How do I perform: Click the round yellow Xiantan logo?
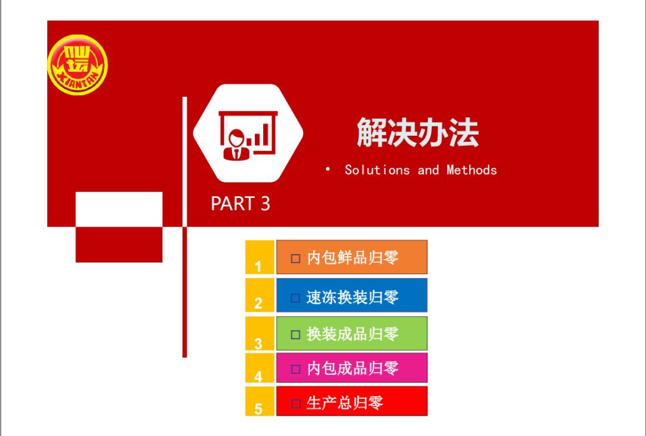pos(77,65)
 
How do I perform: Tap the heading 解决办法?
pos(418,133)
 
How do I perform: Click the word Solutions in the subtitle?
pos(377,170)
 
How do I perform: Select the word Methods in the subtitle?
pos(472,170)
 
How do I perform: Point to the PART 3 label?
pos(240,203)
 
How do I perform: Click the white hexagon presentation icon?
pos(248,133)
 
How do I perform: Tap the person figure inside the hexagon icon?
pos(236,145)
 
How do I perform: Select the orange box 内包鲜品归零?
pos(352,257)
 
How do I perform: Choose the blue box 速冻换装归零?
pos(352,295)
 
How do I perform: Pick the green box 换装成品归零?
pos(352,333)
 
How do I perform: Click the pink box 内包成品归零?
pos(352,368)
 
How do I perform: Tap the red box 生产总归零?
pos(352,401)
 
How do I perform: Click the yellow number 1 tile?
pos(260,257)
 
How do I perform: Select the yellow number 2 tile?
pos(260,295)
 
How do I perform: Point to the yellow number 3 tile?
pos(260,333)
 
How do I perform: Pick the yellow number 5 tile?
pos(260,401)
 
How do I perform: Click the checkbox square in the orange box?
pos(295,258)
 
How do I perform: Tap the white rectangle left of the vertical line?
pos(119,209)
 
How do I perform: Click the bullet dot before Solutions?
pos(328,169)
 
